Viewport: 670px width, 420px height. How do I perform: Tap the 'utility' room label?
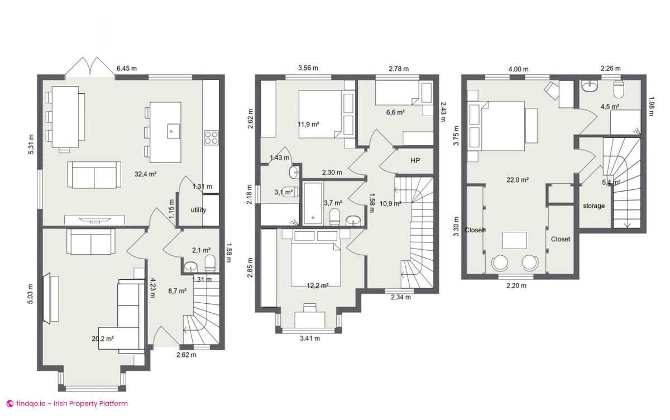[x=198, y=211]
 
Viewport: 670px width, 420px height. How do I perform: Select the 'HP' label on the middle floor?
[x=415, y=160]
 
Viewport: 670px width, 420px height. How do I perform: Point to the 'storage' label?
[x=594, y=206]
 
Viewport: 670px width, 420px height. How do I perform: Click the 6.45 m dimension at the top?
[x=126, y=69]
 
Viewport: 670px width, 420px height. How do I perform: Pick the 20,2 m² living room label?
[x=103, y=338]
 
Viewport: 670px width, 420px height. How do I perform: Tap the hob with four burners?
[x=211, y=137]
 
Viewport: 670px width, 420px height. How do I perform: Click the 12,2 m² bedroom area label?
[x=317, y=285]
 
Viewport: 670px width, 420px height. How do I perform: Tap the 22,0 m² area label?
[x=518, y=180]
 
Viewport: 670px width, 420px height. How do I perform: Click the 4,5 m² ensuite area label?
[x=609, y=106]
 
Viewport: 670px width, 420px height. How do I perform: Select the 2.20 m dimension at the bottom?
[x=515, y=286]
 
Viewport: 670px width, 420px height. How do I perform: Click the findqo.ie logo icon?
[x=9, y=403]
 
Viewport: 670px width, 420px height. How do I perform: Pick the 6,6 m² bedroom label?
[x=395, y=112]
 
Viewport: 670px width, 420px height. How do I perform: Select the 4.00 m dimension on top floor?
[x=518, y=69]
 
